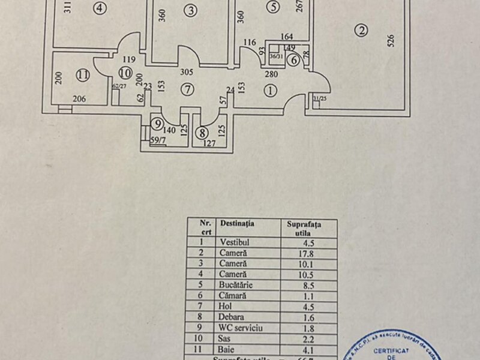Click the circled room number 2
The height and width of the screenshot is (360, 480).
360,31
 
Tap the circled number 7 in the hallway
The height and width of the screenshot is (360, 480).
188,90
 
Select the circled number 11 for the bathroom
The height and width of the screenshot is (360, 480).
83,76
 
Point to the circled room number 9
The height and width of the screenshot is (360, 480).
158,124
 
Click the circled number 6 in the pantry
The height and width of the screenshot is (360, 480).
293,59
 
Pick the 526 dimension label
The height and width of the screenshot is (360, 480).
391,41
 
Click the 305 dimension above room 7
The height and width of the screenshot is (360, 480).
187,71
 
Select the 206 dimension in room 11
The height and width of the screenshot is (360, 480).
81,100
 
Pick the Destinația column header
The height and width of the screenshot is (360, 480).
237,223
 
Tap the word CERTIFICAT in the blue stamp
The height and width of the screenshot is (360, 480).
391,349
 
